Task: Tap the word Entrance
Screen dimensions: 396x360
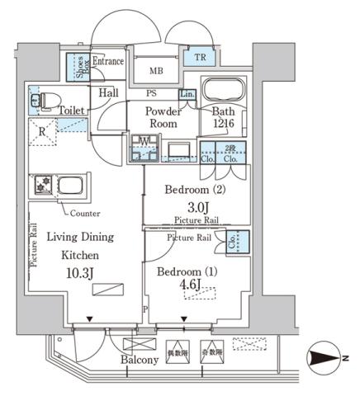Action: (x=108, y=62)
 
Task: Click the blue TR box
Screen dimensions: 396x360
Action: (x=200, y=58)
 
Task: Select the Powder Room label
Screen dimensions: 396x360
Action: (x=163, y=118)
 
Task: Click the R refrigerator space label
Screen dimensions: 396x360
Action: (x=41, y=130)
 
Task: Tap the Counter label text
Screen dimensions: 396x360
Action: (x=86, y=213)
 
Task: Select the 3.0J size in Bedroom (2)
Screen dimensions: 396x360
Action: (x=197, y=206)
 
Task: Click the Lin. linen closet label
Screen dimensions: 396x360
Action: (x=187, y=96)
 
